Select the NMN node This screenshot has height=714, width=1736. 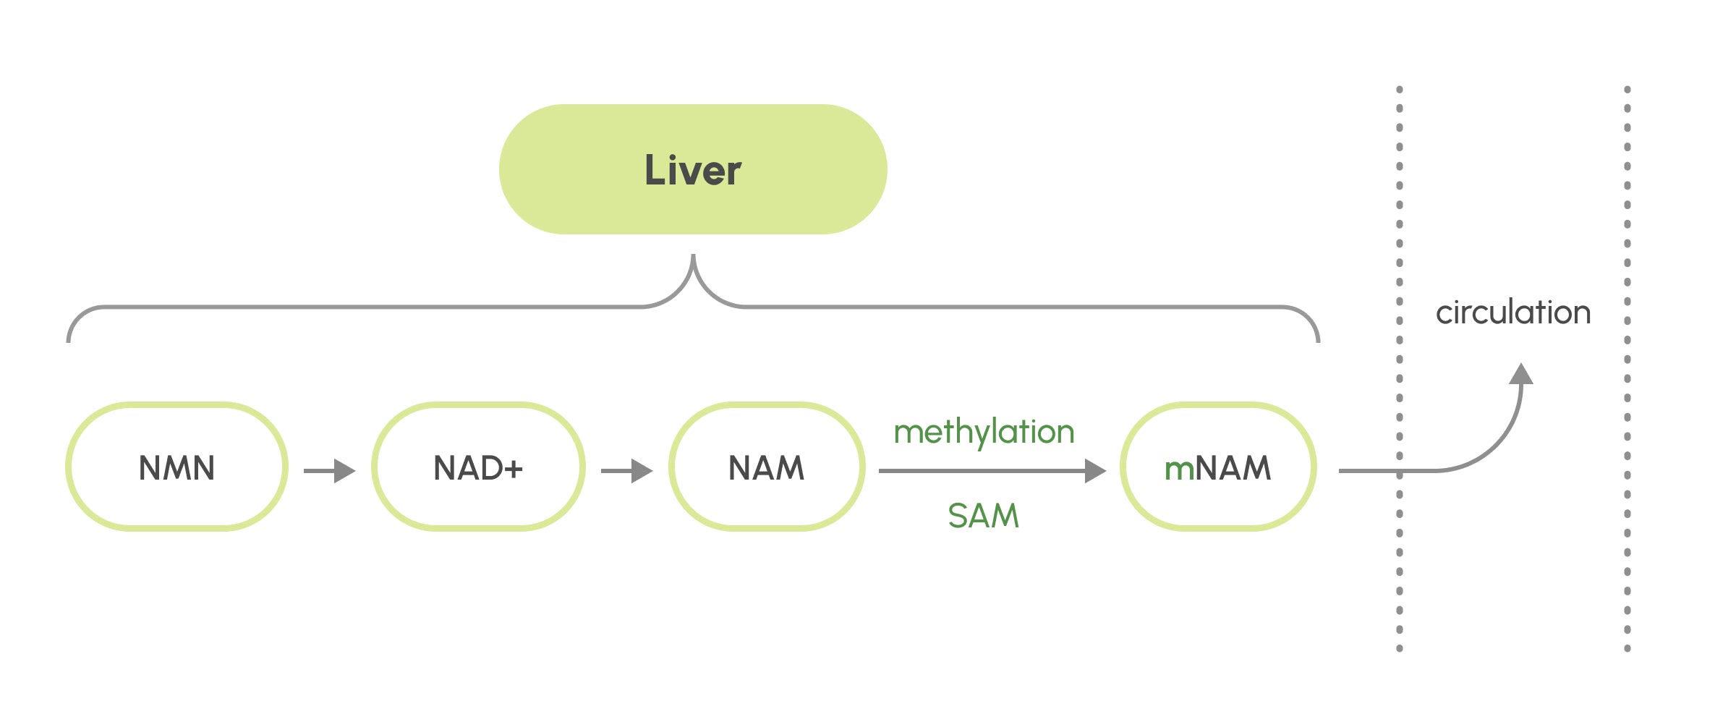176,467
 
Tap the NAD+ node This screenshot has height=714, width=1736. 477,467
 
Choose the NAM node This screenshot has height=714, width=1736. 766,467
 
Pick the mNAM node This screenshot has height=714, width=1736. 1218,467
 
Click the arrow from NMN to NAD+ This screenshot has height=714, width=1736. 329,471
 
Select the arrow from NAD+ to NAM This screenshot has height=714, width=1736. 626,471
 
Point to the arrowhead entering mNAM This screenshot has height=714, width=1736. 1095,471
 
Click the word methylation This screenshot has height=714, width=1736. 984,432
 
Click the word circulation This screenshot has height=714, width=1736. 1512,313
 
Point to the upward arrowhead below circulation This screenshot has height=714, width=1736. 1521,374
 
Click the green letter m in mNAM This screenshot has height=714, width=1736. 1178,469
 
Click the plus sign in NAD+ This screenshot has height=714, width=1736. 513,469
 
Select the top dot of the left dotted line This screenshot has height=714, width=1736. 1400,90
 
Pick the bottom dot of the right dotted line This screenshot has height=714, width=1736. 1627,648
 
